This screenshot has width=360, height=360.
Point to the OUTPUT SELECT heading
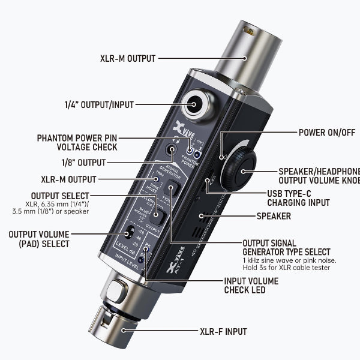click(61, 196)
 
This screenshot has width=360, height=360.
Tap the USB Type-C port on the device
click(211, 178)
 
